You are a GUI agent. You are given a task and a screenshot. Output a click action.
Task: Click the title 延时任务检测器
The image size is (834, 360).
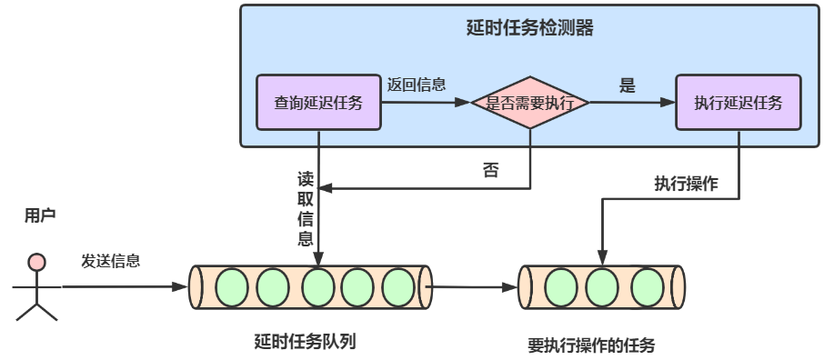(528, 28)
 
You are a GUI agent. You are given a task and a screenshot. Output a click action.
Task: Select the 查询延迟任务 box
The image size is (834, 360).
(318, 103)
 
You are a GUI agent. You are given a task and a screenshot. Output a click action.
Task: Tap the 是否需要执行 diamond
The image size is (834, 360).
(529, 103)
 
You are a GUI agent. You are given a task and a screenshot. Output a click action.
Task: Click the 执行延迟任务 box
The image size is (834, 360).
(738, 103)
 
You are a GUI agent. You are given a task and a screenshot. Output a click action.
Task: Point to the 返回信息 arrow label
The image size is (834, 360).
(416, 85)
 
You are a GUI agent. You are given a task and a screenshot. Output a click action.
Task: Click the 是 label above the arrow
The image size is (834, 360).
(627, 86)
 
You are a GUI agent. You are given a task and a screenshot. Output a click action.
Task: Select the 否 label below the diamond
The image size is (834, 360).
(491, 170)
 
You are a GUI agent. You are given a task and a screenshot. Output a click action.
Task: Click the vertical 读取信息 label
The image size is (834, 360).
(306, 208)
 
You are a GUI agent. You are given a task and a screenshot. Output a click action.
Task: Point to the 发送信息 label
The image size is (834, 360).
(111, 261)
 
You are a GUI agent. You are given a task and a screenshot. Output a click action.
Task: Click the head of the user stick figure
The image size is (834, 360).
(36, 262)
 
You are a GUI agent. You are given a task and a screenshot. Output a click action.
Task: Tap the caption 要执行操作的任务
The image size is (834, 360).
(591, 345)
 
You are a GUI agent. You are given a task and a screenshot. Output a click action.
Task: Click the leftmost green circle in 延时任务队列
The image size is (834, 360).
(231, 287)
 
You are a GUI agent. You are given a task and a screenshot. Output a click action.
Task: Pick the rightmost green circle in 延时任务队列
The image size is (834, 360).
(397, 287)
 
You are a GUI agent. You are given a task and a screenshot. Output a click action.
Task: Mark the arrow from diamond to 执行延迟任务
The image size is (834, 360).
(631, 103)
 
